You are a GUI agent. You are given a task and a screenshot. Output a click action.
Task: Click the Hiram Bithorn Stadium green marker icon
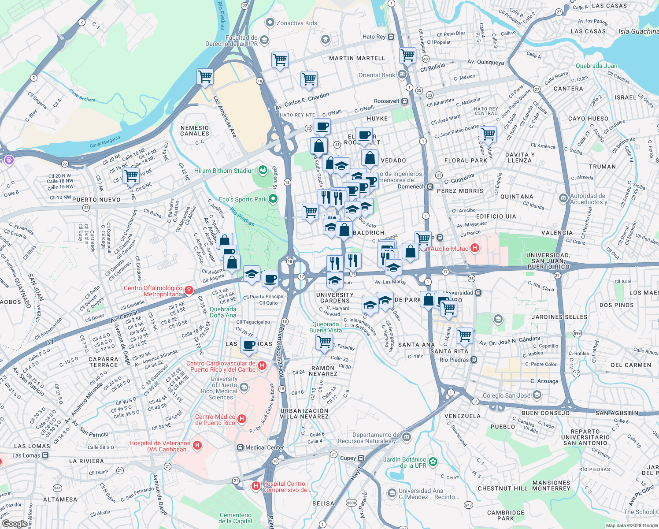point(263,170)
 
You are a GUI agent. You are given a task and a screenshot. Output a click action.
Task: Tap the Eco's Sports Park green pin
point(273,199)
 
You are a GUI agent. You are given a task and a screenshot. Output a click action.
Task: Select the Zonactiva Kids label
point(296,23)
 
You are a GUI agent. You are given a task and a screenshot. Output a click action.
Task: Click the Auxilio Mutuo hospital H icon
point(475,248)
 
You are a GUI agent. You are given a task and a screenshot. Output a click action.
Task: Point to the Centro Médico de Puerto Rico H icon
point(241,419)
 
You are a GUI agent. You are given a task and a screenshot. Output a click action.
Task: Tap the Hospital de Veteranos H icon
point(197,446)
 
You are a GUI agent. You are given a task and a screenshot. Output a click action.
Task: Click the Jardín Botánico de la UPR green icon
point(433,462)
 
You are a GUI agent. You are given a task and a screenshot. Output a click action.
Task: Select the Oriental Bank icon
point(402,75)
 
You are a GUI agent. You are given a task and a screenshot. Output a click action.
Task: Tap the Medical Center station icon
point(240,447)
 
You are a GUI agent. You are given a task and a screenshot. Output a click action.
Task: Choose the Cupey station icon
point(361,458)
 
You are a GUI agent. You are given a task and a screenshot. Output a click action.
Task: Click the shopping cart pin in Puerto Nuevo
point(131,175)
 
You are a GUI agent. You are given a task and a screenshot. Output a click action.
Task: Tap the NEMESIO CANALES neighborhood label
point(195,130)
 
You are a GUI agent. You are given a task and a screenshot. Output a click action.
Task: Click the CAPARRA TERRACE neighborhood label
point(104,362)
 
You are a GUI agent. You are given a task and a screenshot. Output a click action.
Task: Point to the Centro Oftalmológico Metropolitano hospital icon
point(189,290)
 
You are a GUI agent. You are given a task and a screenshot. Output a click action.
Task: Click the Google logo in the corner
point(15,523)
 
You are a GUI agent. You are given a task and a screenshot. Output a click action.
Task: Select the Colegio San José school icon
point(537,395)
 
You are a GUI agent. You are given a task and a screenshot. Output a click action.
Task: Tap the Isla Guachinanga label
point(638,31)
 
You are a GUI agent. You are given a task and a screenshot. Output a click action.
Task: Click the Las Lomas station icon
point(45,455)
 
